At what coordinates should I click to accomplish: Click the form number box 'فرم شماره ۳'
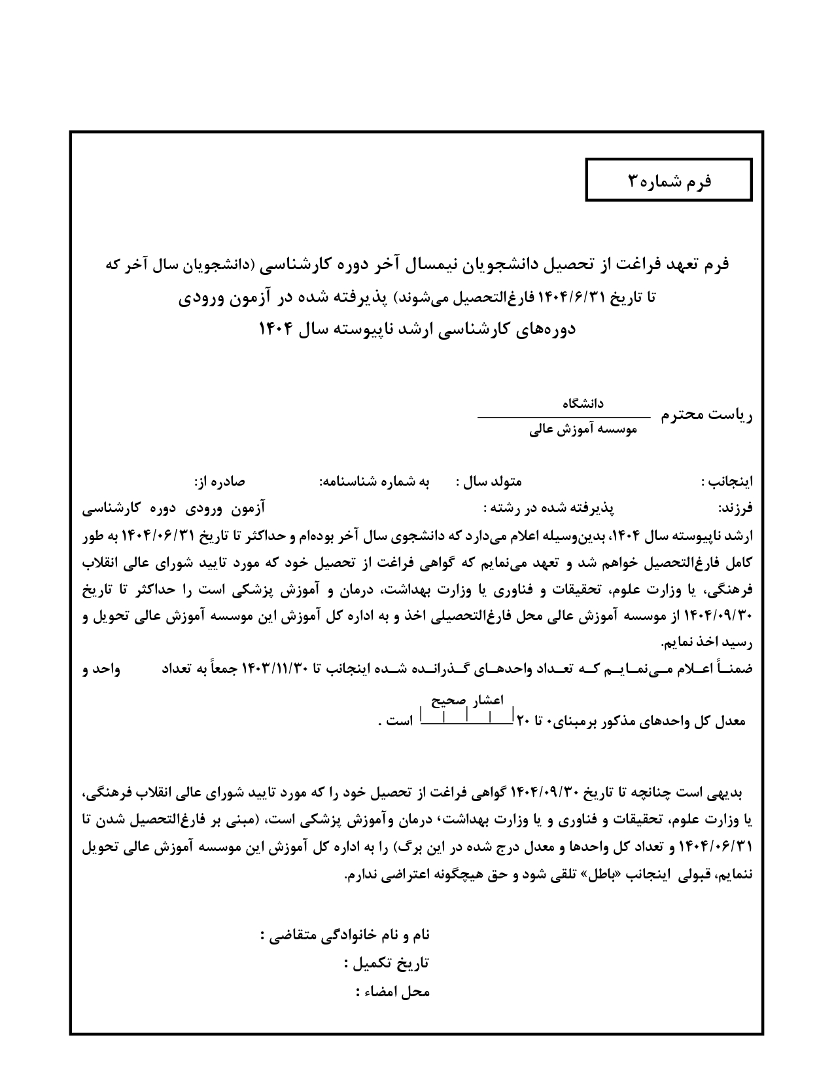pos(669,180)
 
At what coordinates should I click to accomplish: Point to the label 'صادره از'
pos(218,482)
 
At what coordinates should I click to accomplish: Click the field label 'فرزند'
pos(736,509)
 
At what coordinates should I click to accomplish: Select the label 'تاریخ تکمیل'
pos(387,963)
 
